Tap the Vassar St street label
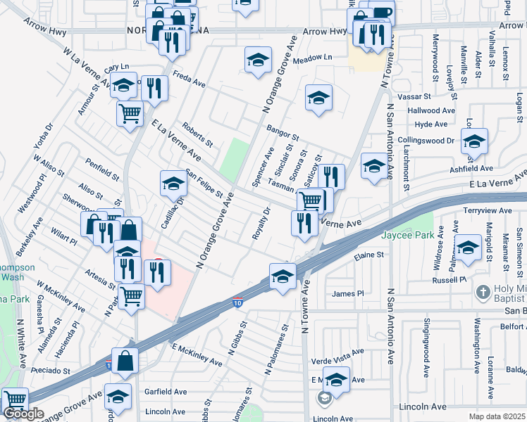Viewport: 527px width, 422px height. [415, 95]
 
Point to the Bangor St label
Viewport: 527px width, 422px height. [283, 132]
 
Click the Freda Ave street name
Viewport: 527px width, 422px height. [189, 79]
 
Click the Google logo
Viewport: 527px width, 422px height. [23, 414]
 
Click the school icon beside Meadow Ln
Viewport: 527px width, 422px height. [258, 60]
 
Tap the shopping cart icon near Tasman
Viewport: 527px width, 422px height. [309, 200]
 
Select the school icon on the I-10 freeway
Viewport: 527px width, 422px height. [283, 275]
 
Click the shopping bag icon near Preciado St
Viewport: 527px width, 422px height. [125, 361]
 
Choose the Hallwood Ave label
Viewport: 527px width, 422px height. [431, 110]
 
